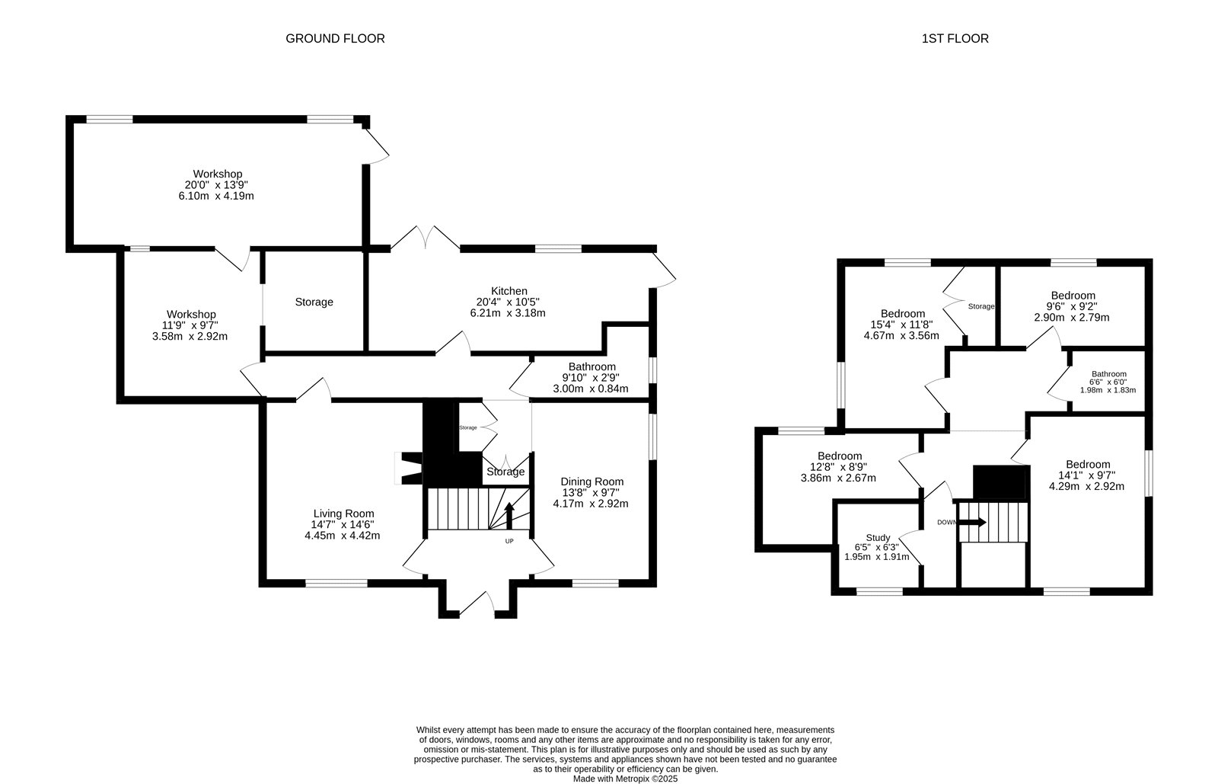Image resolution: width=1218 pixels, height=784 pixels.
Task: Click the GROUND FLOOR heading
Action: point(335,39)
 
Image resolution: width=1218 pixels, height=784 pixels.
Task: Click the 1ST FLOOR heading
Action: point(955,39)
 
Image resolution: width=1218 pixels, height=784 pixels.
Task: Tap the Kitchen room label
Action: point(509,291)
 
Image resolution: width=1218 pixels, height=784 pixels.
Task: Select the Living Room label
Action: point(343,514)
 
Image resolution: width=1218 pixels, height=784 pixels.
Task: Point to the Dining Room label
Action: point(592,482)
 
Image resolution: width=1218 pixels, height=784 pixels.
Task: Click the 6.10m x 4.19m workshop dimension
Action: point(216,196)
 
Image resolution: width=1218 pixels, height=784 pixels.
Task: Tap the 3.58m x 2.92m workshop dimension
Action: point(190,336)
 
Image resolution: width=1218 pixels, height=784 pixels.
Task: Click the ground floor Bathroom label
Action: point(592,366)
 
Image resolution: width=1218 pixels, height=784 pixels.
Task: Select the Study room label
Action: point(878,538)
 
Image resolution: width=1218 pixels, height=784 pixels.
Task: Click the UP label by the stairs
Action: point(509,542)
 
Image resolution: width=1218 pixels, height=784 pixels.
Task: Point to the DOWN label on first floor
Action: point(947,523)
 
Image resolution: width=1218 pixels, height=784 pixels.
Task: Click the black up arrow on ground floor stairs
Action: point(509,515)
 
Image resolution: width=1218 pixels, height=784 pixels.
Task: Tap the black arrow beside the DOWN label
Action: point(971,523)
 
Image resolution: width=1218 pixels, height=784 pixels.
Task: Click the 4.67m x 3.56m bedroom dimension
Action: point(901,336)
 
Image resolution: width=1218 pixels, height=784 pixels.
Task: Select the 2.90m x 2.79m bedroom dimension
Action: point(1072,317)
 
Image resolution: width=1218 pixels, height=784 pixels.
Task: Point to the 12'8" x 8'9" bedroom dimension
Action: point(839,467)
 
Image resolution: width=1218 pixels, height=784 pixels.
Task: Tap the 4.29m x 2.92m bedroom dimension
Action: point(1086,486)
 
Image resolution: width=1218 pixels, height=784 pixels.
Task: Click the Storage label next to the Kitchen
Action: point(314,302)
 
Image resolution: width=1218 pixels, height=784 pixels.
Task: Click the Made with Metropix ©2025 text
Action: point(625,779)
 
